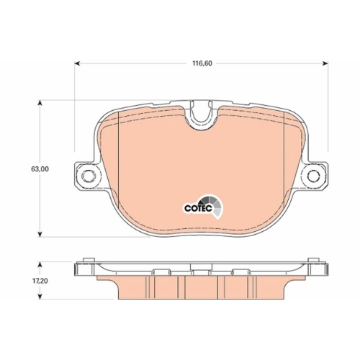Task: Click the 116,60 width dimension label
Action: click(x=202, y=63)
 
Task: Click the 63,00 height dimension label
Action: click(x=40, y=169)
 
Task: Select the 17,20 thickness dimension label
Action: click(x=40, y=281)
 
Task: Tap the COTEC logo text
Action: click(x=198, y=208)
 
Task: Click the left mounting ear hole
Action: click(x=86, y=176)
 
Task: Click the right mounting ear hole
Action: click(x=314, y=176)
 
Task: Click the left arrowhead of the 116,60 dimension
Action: click(x=77, y=63)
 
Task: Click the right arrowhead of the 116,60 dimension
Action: click(x=325, y=63)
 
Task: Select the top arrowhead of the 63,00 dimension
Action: click(x=40, y=103)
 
